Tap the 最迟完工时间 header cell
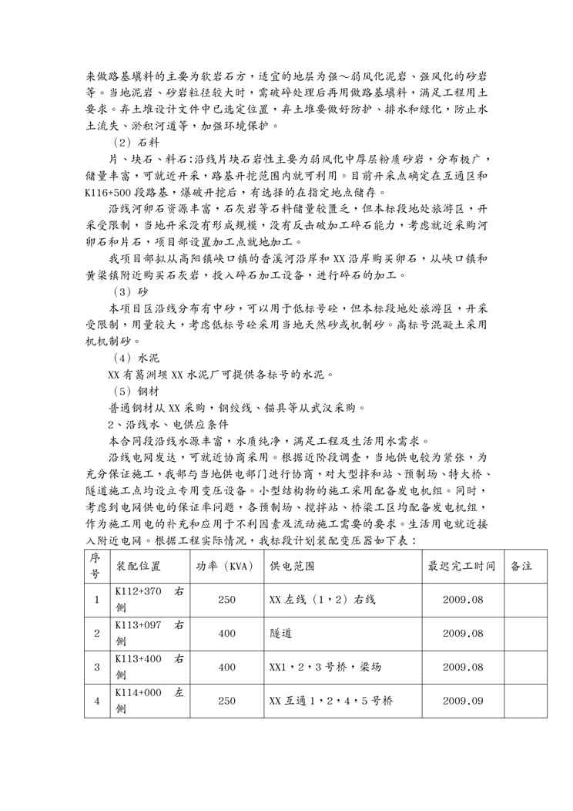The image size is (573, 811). pos(462,587)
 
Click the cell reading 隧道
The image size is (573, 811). pos(280,633)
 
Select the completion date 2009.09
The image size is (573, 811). pos(462,701)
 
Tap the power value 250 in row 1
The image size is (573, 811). pos(226,599)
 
